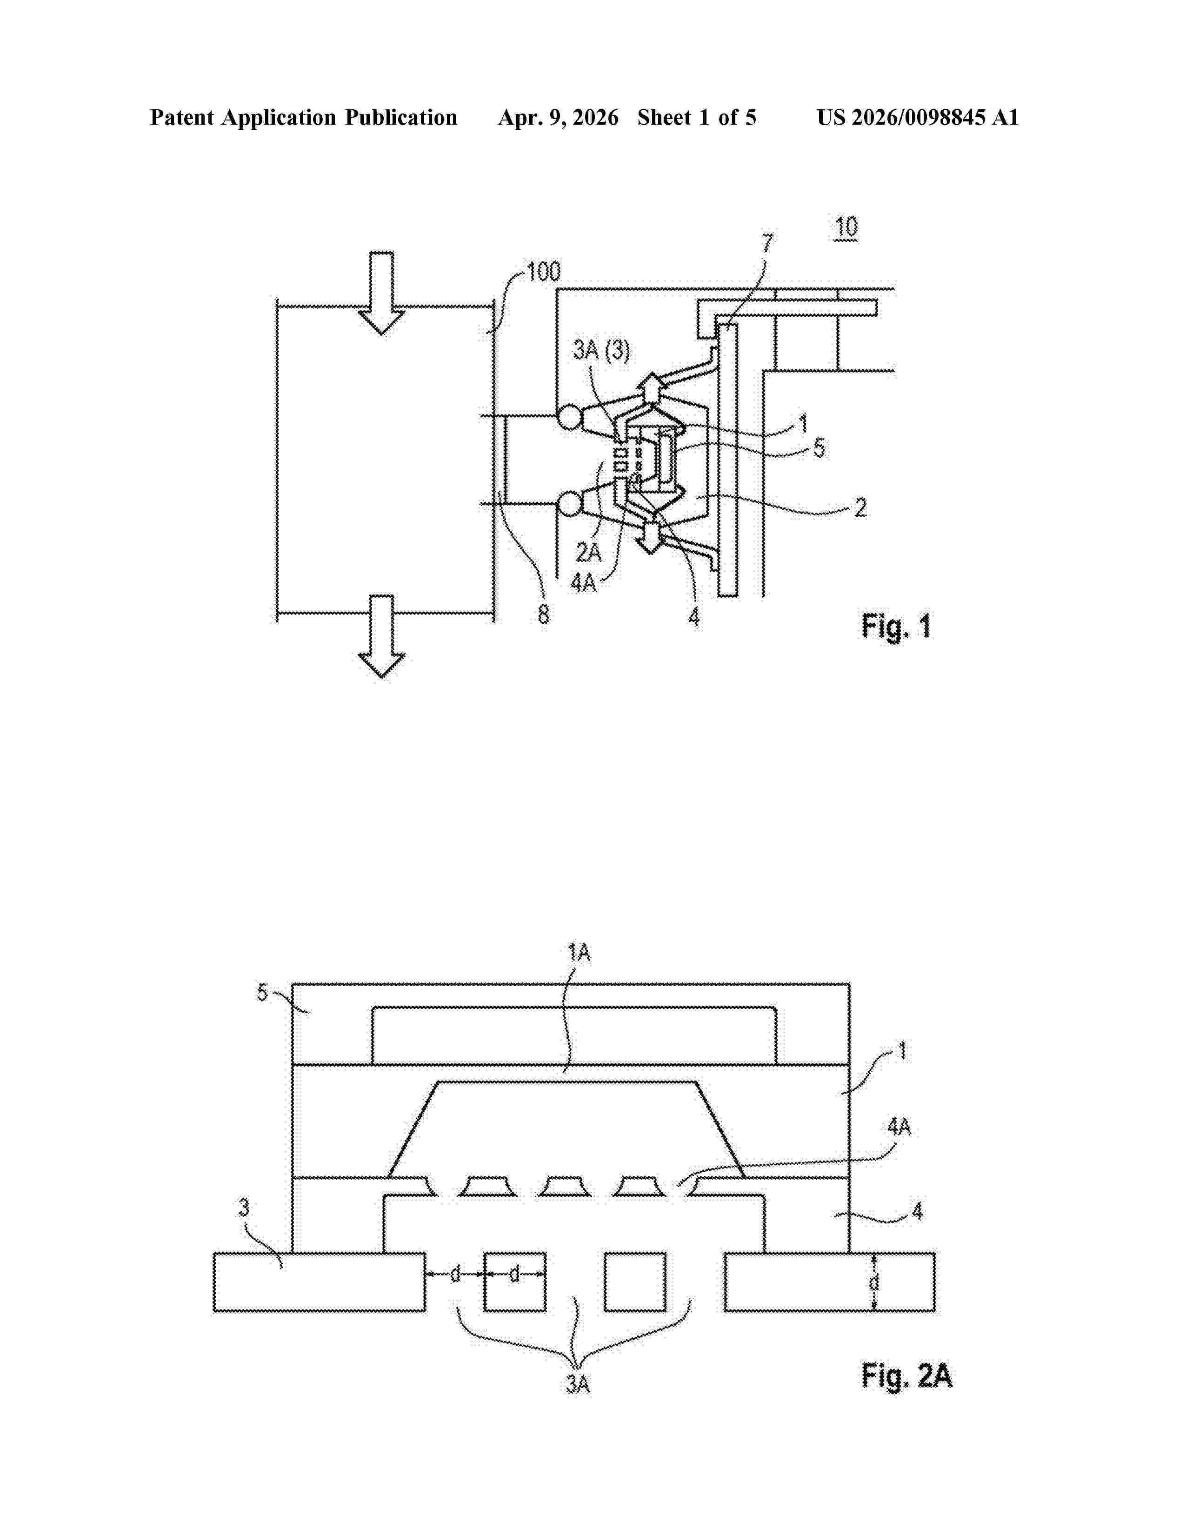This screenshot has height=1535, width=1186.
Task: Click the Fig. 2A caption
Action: point(906,1375)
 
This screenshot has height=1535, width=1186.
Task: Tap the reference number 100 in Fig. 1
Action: point(543,271)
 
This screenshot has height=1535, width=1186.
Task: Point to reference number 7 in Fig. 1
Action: point(767,244)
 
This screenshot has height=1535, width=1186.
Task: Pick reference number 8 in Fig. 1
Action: point(543,614)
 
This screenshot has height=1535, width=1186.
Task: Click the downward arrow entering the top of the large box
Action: point(381,293)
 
